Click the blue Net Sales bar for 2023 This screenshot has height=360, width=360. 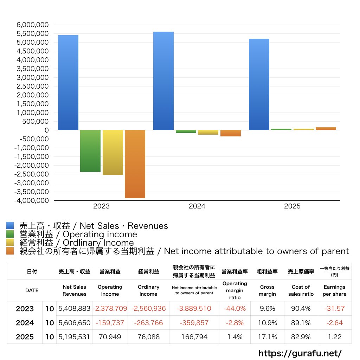pos(68,83)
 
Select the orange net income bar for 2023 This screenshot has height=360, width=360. pos(135,164)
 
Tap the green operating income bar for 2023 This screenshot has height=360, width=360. pos(90,151)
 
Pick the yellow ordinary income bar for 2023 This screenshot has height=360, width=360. pos(113,152)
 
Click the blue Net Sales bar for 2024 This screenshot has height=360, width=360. pos(163,81)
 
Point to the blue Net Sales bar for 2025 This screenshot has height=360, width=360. pos(259,84)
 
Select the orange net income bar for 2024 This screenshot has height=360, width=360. pos(231,133)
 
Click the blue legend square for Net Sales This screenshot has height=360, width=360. pos(10,226)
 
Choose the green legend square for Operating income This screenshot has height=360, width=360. pos(10,234)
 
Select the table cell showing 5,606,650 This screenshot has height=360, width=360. pos(74,323)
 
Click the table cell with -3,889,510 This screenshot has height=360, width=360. pos(194,309)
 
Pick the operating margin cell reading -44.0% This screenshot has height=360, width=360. pos(234,309)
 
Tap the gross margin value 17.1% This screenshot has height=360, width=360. pos(267,337)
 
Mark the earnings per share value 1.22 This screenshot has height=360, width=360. pos(334,337)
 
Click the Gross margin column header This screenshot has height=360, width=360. pos(267,290)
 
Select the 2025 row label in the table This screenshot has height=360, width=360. pos(25,337)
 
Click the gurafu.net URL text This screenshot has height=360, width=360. pos(300,353)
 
